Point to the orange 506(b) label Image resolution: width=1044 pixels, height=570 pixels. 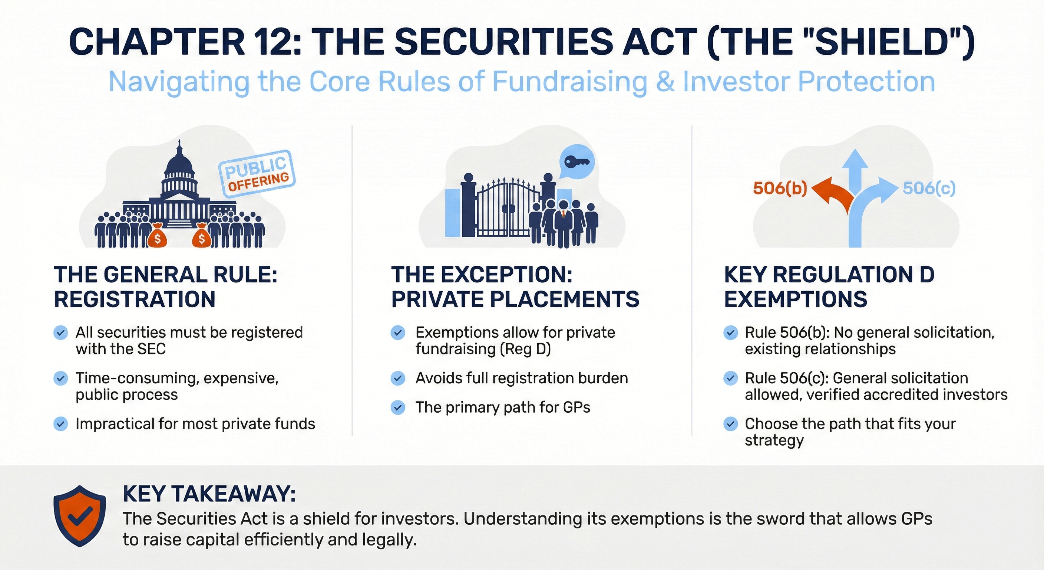780,189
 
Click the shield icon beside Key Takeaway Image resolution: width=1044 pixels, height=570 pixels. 79,515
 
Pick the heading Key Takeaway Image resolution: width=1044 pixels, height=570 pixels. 209,494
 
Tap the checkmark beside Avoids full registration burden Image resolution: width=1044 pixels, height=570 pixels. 397,378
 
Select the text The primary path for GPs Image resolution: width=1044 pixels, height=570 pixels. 503,407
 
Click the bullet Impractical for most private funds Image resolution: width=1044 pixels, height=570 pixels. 195,424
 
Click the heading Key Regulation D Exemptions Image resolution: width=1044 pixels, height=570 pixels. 829,287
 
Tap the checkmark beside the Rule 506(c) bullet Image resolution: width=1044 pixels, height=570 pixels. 730,378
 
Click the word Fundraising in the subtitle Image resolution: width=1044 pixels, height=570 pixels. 569,82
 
